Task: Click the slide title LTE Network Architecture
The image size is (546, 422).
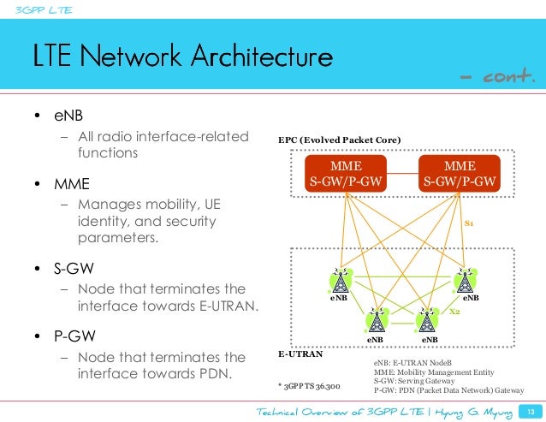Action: (x=181, y=57)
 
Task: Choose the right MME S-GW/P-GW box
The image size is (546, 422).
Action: (x=460, y=172)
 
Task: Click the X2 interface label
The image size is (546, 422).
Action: (x=455, y=312)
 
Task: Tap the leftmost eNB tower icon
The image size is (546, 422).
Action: (x=341, y=279)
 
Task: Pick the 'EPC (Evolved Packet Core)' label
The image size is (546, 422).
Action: (x=339, y=139)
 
